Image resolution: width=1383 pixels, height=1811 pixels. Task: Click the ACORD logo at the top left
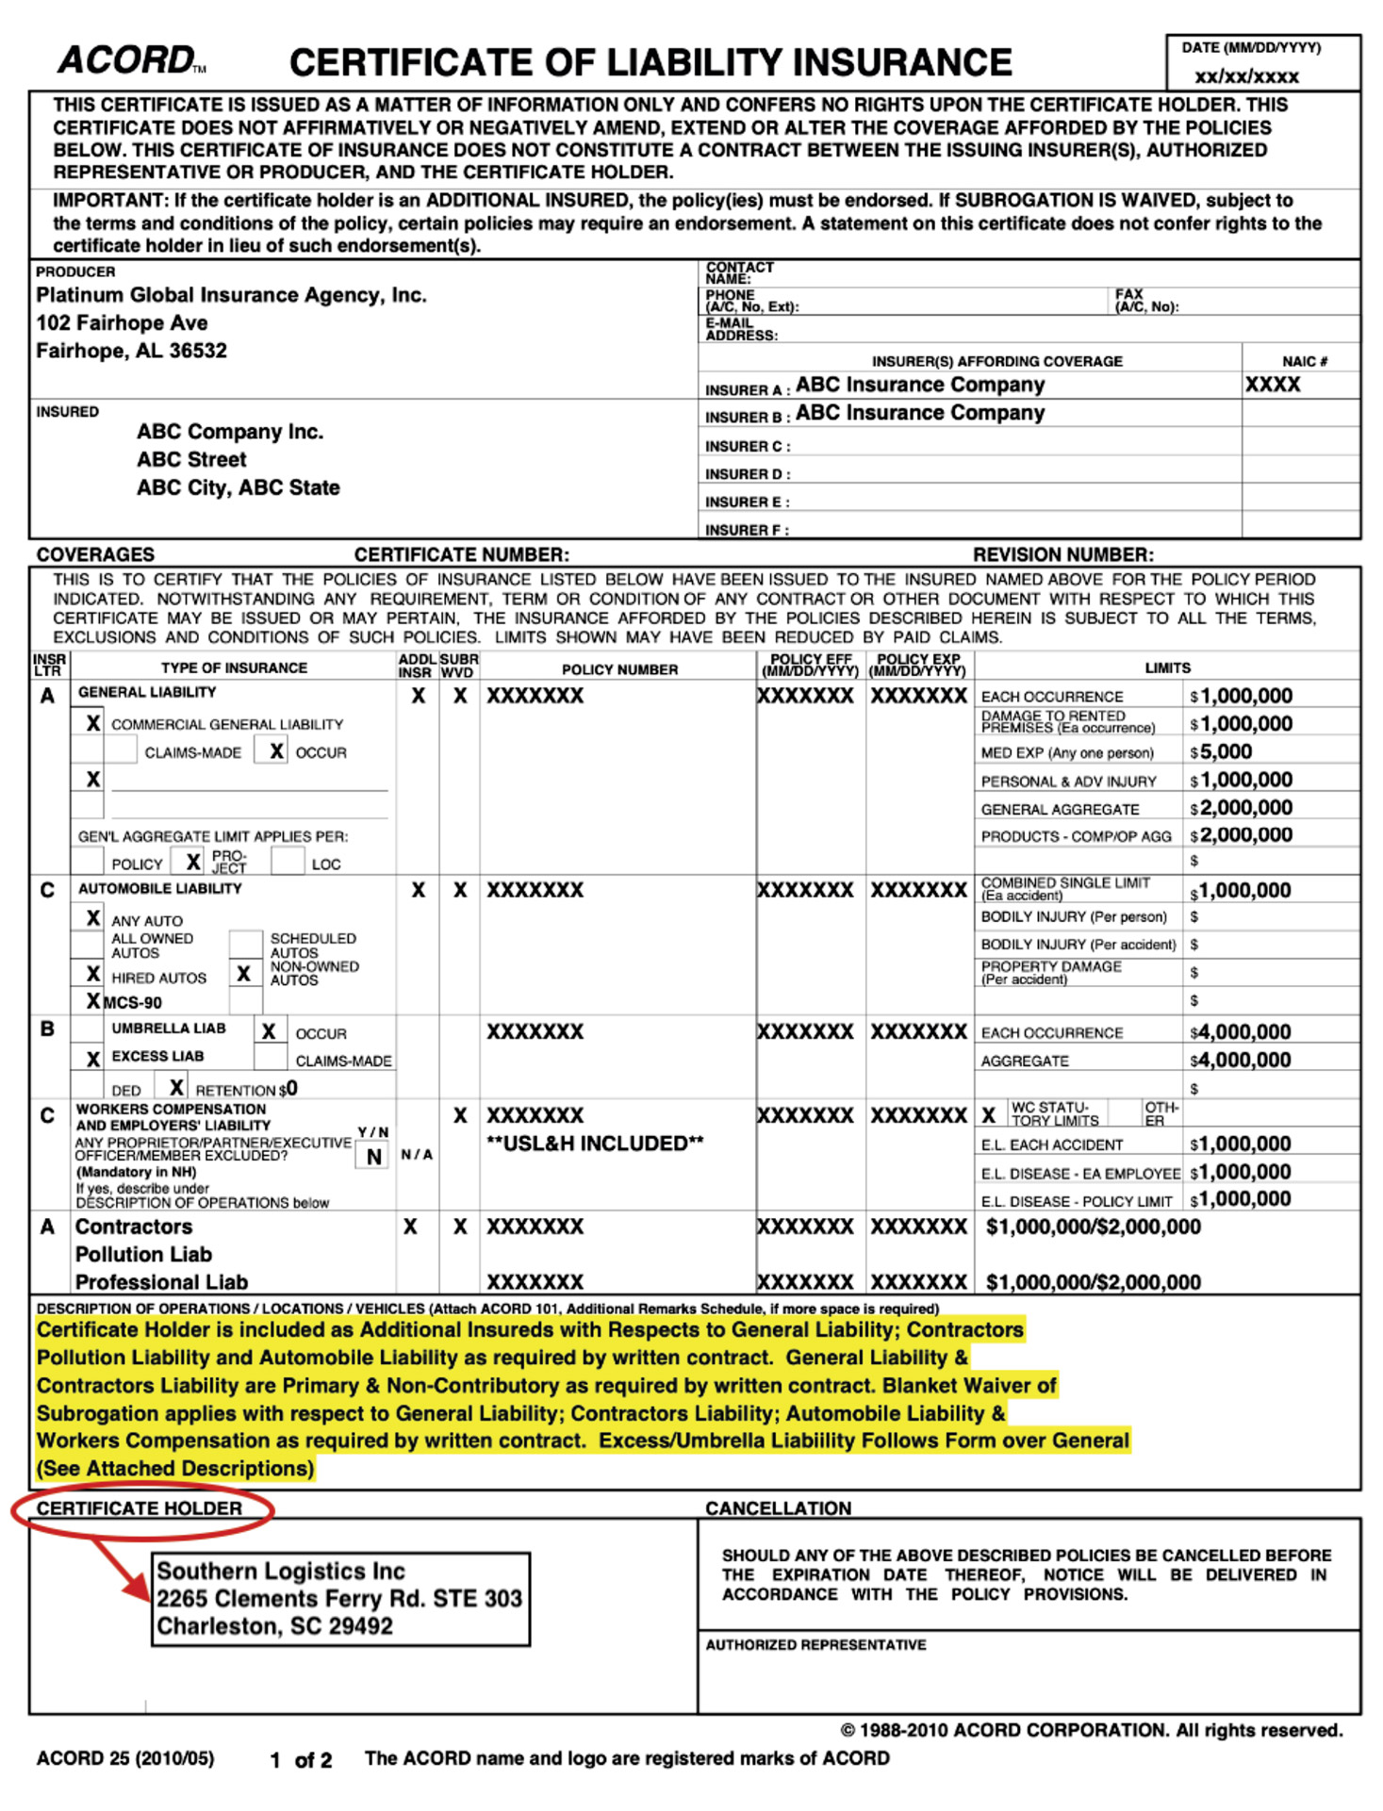tap(127, 60)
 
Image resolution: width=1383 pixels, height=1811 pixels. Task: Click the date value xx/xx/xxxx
tap(1246, 76)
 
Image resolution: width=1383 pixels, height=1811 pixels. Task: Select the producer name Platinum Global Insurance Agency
tap(231, 295)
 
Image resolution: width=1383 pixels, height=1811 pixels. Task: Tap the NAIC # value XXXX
tap(1272, 385)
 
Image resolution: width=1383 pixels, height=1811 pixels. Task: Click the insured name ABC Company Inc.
tap(230, 432)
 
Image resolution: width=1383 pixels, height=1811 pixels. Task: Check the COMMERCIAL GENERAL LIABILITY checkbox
tap(91, 723)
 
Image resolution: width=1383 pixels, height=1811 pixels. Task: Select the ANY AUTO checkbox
tap(91, 918)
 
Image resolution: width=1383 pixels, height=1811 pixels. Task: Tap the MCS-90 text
tap(132, 1002)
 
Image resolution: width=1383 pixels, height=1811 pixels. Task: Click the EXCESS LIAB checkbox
tap(91, 1059)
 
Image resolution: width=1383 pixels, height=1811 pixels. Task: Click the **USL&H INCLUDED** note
tap(595, 1144)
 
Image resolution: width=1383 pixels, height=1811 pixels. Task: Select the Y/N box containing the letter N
tap(373, 1156)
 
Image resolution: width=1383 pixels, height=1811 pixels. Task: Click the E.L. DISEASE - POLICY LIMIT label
tap(1077, 1201)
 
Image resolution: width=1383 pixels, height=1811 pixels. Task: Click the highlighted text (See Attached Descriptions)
tap(175, 1468)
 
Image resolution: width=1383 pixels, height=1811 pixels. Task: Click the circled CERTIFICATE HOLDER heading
tap(140, 1508)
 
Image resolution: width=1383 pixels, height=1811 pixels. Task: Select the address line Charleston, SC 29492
tap(274, 1626)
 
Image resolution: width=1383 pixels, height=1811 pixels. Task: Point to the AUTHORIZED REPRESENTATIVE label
tap(815, 1644)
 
